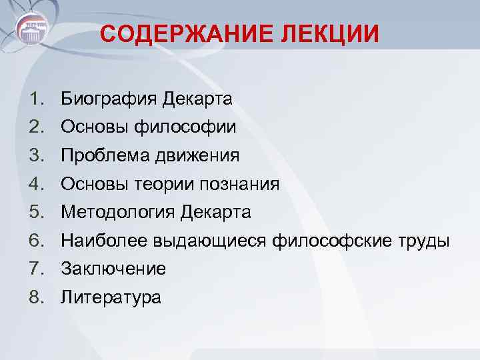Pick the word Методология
[117, 213]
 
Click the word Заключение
[113, 269]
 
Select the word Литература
[111, 297]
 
